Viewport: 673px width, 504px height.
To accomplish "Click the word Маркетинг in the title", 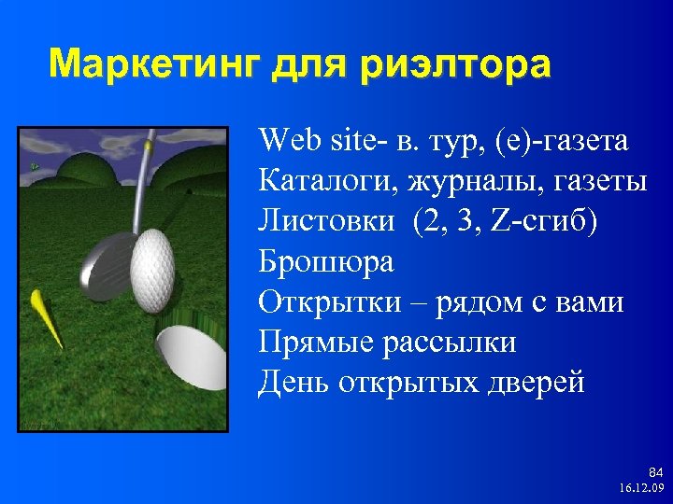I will coord(155,65).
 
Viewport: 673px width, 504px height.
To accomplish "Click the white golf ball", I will coord(153,272).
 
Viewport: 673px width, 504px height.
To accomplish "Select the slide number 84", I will coord(654,473).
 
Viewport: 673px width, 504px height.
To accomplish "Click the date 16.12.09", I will coord(641,489).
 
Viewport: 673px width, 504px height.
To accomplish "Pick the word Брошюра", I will coord(326,262).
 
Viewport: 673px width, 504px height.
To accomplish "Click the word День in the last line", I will coord(291,383).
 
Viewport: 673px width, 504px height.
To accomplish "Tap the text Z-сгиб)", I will coord(543,221).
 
